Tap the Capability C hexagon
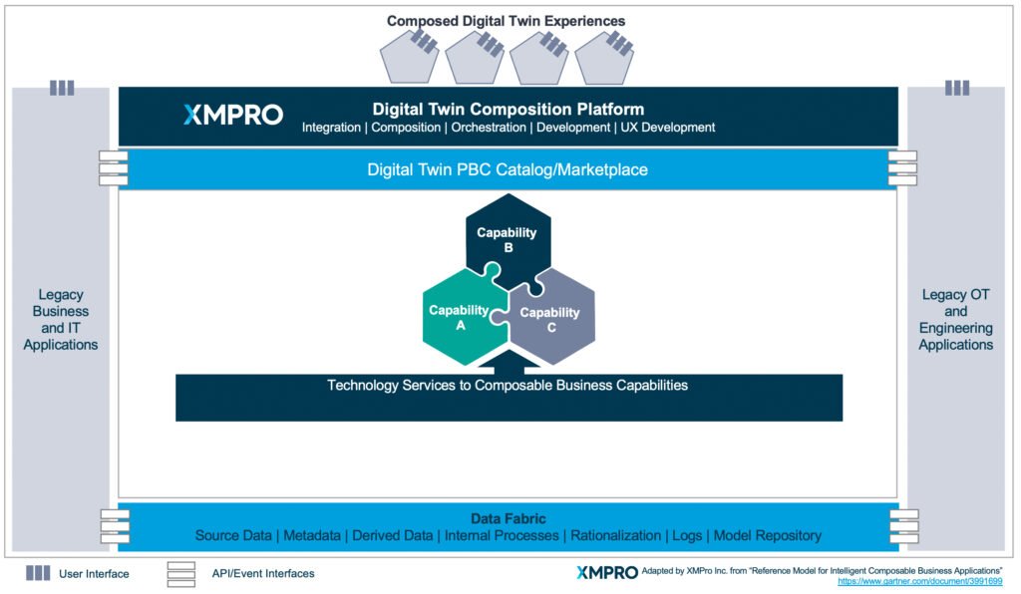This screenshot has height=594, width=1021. [x=550, y=319]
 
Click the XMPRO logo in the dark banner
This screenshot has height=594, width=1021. [x=233, y=115]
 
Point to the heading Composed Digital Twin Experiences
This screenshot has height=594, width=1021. [x=508, y=20]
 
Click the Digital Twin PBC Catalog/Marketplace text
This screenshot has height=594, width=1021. [x=508, y=170]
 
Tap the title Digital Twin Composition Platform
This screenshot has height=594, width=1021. [x=508, y=110]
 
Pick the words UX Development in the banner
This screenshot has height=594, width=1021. [x=668, y=128]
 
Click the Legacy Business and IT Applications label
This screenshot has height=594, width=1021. [x=61, y=319]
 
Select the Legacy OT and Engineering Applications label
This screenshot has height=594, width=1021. [x=956, y=319]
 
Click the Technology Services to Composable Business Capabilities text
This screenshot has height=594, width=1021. [x=508, y=385]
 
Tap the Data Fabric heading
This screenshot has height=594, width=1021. [x=508, y=518]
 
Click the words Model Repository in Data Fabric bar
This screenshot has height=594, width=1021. [x=768, y=536]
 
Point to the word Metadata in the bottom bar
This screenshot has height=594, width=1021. [x=312, y=536]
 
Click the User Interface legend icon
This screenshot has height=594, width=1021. [x=38, y=573]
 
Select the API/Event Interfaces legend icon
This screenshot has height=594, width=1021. [x=180, y=573]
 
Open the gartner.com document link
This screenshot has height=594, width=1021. [x=919, y=581]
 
